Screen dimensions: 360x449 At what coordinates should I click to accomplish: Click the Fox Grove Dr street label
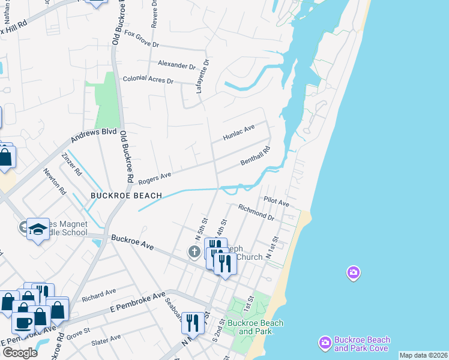coord(142,44)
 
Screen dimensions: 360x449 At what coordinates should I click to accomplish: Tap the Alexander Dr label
coord(176,64)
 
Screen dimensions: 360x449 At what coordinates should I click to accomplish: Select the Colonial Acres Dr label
coord(148,79)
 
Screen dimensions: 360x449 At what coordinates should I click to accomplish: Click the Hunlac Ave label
coord(239,132)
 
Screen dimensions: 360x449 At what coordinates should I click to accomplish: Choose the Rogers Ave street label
coord(155,178)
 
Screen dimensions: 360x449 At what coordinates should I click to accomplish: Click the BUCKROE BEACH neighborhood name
coord(126,196)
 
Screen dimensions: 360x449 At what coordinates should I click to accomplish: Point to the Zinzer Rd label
coord(71,164)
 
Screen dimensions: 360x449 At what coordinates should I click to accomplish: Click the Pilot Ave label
coord(276,202)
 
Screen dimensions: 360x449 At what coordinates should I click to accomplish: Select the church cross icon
coord(194,251)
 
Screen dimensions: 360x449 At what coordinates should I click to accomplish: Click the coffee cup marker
coord(23,322)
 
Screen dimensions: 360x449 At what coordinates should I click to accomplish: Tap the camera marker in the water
coord(354,273)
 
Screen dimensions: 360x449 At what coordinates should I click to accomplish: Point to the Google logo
coord(20,353)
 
